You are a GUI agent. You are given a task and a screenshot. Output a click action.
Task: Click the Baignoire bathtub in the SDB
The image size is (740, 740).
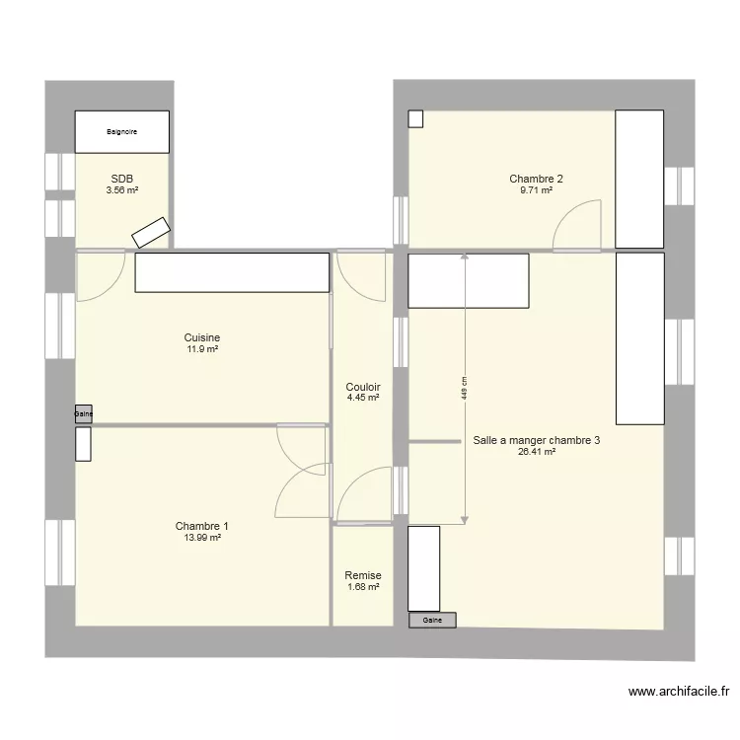tap(122, 131)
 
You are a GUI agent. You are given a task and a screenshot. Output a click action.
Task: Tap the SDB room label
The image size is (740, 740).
tap(122, 179)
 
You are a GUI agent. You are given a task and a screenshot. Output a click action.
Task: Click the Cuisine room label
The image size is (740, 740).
tap(201, 337)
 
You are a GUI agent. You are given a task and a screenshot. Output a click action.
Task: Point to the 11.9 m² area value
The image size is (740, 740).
tap(201, 349)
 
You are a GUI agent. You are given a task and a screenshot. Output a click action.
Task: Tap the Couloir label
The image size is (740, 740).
tap(363, 387)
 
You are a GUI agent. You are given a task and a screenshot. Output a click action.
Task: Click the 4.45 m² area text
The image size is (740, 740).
tap(363, 399)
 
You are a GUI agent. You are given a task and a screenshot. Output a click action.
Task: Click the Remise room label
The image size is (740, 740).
tap(363, 575)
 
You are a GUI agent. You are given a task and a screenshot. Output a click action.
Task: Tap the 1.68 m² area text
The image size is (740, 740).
tap(363, 587)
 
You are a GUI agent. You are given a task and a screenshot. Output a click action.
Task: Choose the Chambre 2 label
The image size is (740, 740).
tap(536, 179)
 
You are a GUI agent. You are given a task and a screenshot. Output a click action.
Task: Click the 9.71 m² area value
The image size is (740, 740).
tap(536, 190)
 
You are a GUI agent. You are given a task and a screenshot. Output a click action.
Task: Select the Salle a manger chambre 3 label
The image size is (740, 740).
tap(536, 441)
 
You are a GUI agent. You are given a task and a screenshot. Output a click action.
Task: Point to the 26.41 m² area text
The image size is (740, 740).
tap(536, 453)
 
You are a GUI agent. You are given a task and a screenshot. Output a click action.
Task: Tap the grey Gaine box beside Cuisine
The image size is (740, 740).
tap(83, 415)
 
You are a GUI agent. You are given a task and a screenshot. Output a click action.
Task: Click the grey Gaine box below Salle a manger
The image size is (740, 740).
tap(432, 621)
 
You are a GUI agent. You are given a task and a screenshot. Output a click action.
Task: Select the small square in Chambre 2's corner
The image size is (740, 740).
tap(415, 118)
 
